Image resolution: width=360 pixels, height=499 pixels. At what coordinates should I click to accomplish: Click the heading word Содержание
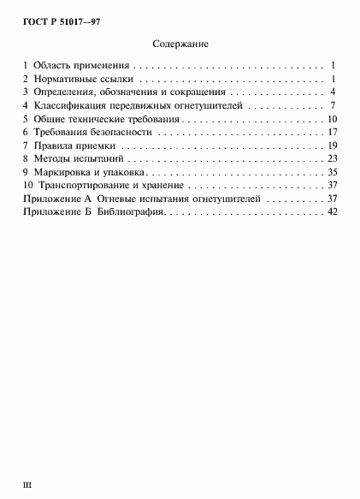pos(180,43)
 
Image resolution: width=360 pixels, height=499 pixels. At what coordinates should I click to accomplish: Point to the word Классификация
pos(70,105)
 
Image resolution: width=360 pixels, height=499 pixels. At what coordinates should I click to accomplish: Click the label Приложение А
pos(56,199)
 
